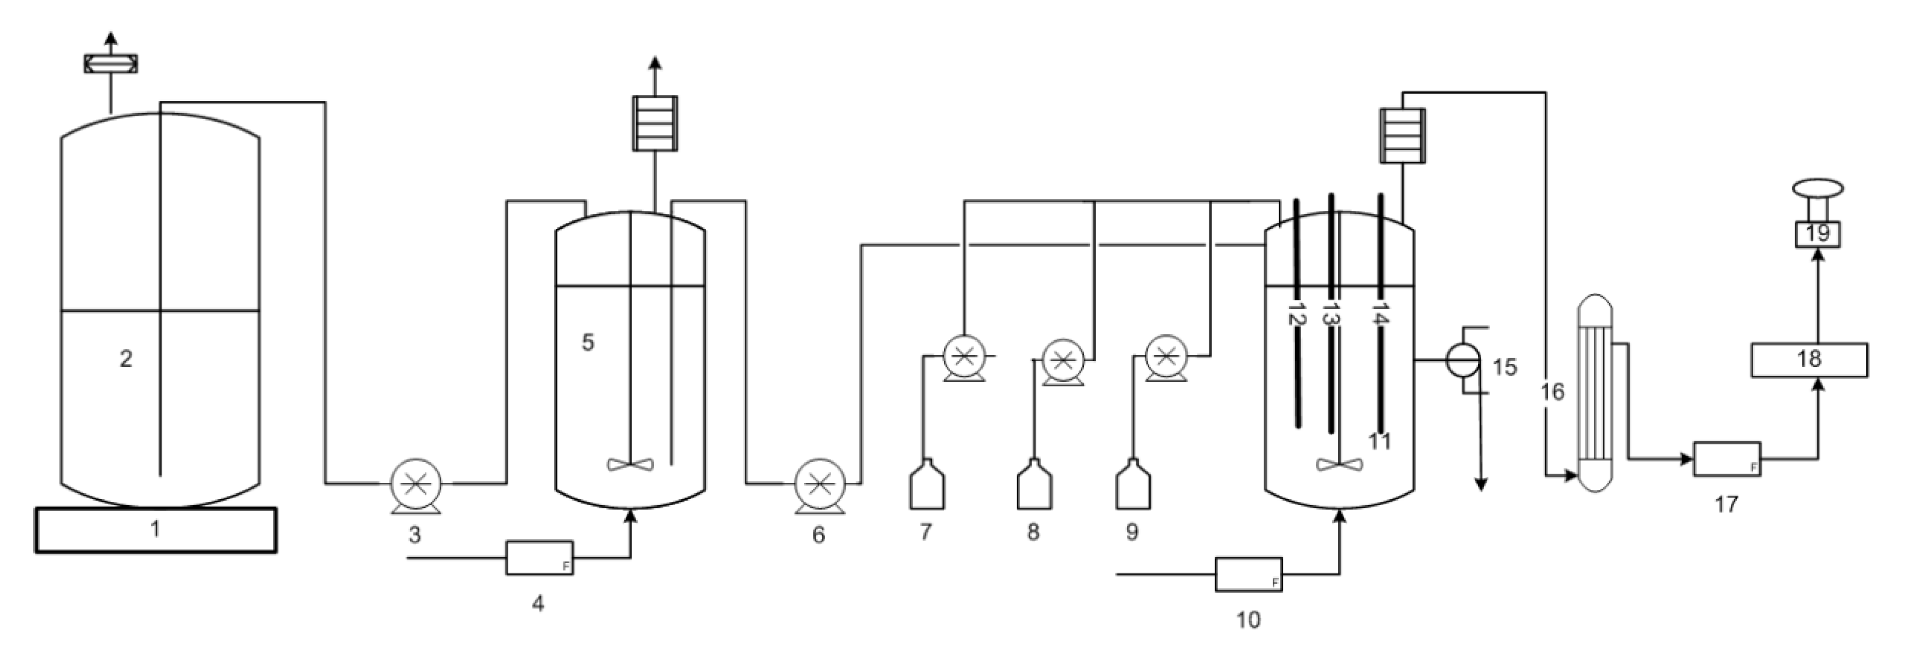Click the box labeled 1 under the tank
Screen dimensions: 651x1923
click(155, 530)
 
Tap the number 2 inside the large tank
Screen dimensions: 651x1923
click(126, 359)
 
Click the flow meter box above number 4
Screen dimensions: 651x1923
click(539, 558)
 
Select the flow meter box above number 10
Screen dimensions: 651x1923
click(1248, 574)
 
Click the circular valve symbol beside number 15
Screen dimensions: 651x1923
click(1462, 360)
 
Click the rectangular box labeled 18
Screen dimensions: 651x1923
click(1809, 360)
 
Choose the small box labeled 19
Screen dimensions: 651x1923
click(1817, 234)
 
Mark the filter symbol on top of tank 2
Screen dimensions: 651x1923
click(110, 63)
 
